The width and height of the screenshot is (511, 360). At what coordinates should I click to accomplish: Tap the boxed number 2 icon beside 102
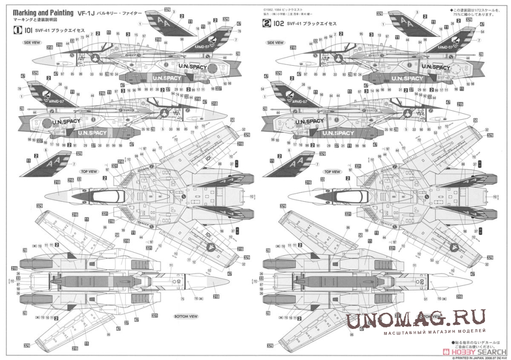coord(266,24)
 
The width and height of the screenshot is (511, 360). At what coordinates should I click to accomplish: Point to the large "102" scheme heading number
coord(279,24)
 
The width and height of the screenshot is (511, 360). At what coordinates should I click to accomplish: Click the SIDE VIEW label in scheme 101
coord(32,43)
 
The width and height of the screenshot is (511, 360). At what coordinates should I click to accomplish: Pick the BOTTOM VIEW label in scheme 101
coord(186,316)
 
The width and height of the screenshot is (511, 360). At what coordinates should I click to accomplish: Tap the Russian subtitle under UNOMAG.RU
coord(435,332)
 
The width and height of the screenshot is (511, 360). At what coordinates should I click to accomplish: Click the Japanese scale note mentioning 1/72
coord(471,12)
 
